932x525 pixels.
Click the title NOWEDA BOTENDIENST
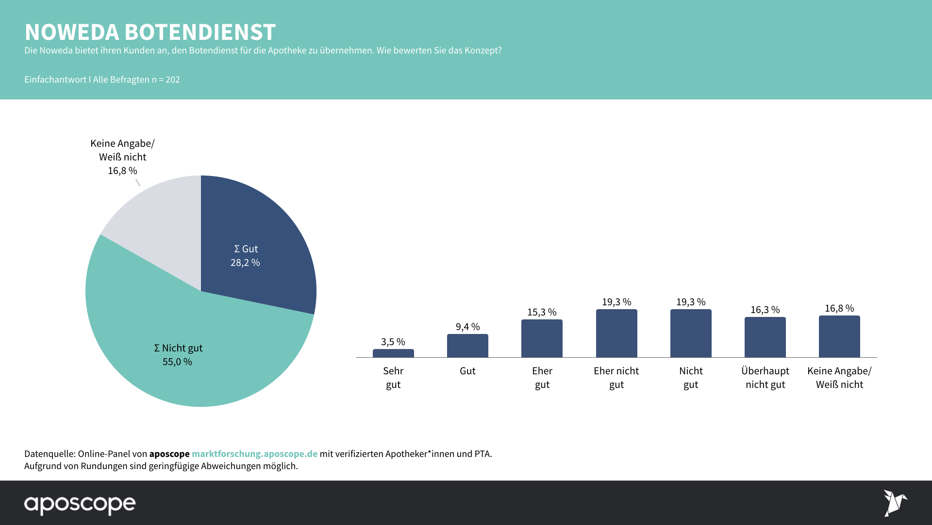pos(150,32)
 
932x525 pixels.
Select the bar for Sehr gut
pos(393,353)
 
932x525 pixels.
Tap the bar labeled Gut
pos(467,346)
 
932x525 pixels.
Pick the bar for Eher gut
pos(542,338)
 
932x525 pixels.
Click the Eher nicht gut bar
pos(616,333)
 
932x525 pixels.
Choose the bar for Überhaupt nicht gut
pos(765,337)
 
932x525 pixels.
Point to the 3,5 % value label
pos(393,342)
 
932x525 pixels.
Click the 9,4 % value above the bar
pos(467,327)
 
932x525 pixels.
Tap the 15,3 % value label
pos(542,312)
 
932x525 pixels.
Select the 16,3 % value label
pos(765,310)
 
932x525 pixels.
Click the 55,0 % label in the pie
pos(177,362)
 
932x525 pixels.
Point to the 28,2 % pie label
pos(245,262)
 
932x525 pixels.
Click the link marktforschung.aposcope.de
pos(254,454)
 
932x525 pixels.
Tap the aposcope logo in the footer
pos(80,504)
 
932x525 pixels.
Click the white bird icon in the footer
pos(895,503)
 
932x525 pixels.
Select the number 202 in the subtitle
pos(173,79)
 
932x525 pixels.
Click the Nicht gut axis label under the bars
pos(691,377)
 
